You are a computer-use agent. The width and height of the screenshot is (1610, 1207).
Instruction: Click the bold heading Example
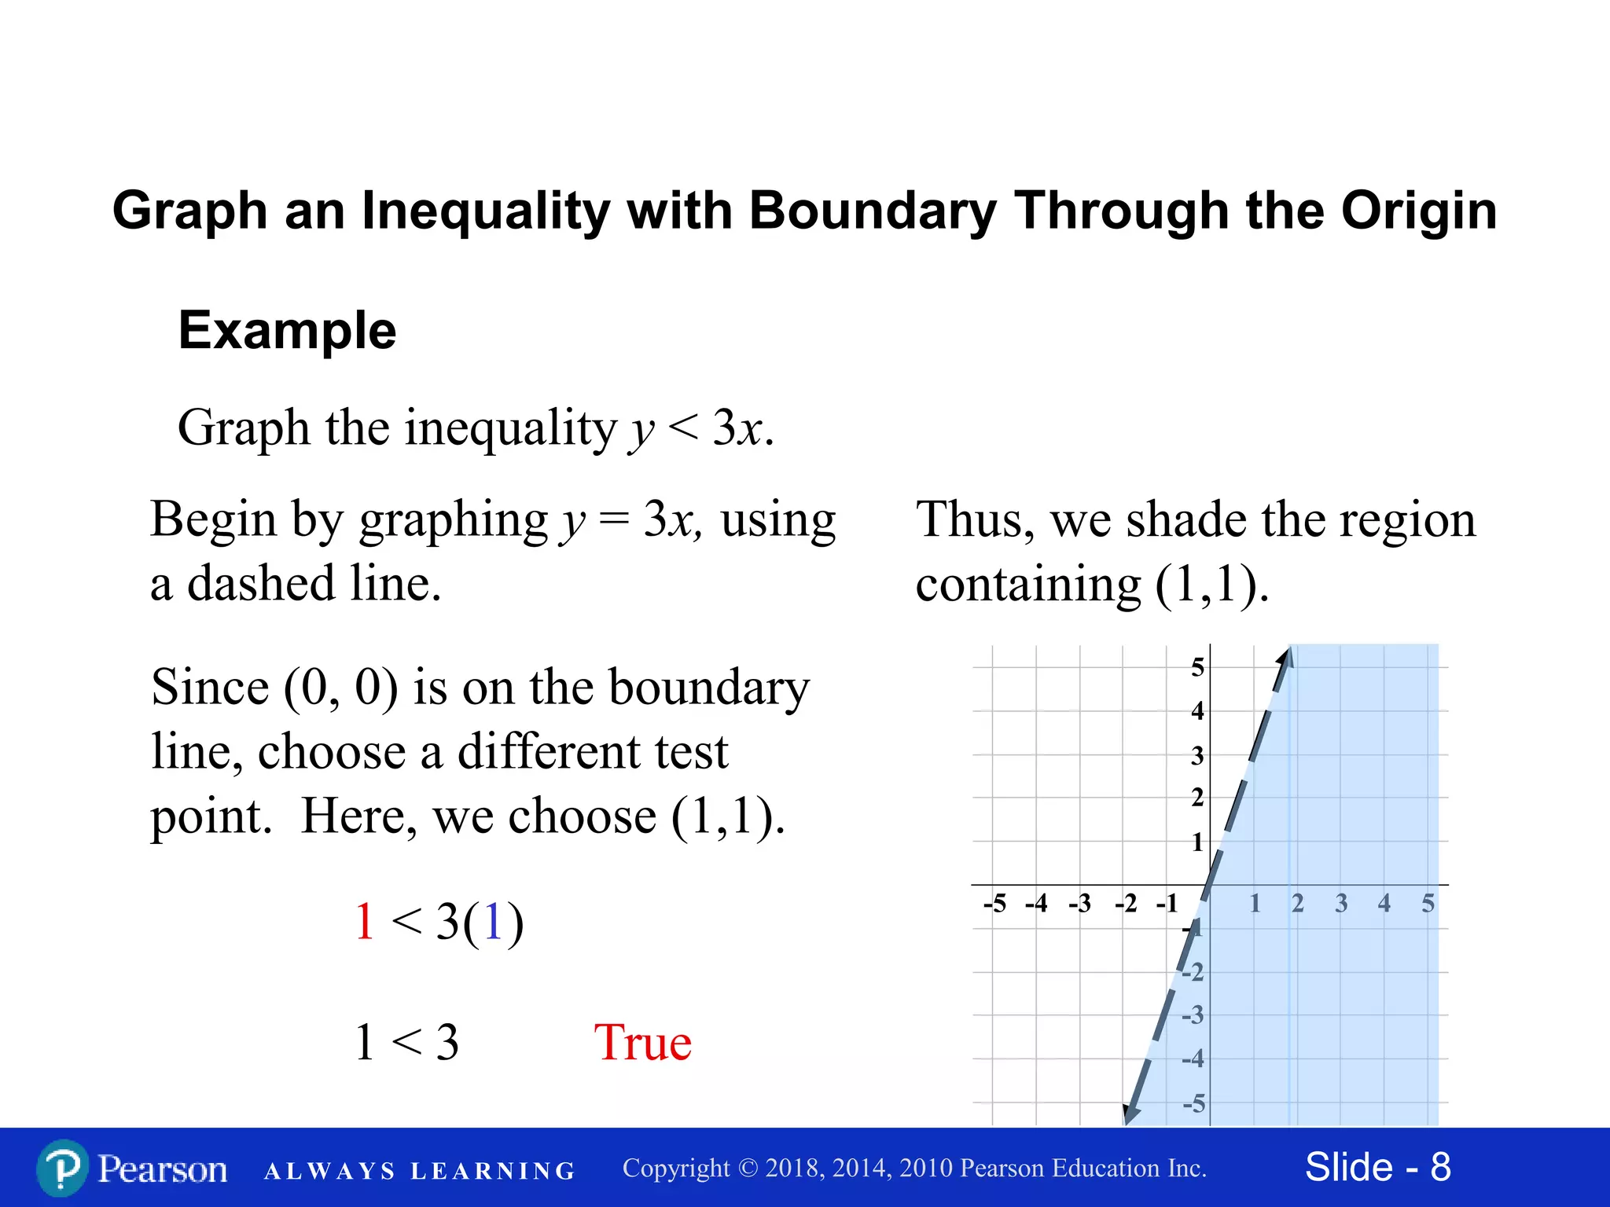click(x=287, y=330)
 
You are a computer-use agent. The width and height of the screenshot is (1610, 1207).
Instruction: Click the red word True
click(x=642, y=1043)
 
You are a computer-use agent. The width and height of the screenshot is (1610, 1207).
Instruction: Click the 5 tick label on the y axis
click(x=1197, y=668)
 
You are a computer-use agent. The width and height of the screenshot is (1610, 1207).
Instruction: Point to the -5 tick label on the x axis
click(x=994, y=904)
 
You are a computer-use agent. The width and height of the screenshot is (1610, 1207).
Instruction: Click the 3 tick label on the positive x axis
click(x=1341, y=904)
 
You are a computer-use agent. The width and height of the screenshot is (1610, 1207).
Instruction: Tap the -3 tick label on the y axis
click(x=1193, y=1015)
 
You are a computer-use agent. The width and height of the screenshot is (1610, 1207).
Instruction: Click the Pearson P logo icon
click(x=63, y=1168)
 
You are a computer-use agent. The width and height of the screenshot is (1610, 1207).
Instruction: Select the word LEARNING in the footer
click(x=493, y=1171)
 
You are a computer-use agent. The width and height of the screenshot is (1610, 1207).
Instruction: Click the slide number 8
click(x=1440, y=1167)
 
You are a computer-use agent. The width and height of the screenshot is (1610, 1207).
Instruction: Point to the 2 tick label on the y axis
click(x=1197, y=798)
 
